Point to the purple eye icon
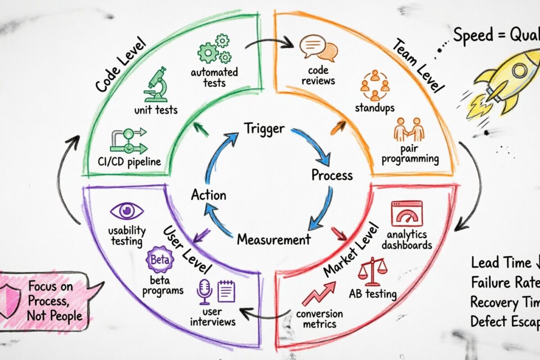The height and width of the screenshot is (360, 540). click(x=127, y=211)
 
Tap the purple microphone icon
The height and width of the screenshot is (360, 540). click(x=204, y=291)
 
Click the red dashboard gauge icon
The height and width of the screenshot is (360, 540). click(x=407, y=213)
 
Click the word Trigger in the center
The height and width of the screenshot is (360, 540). click(x=264, y=128)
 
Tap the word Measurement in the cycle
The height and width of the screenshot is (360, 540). click(x=274, y=239)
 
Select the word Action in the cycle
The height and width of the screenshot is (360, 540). click(x=208, y=195)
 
